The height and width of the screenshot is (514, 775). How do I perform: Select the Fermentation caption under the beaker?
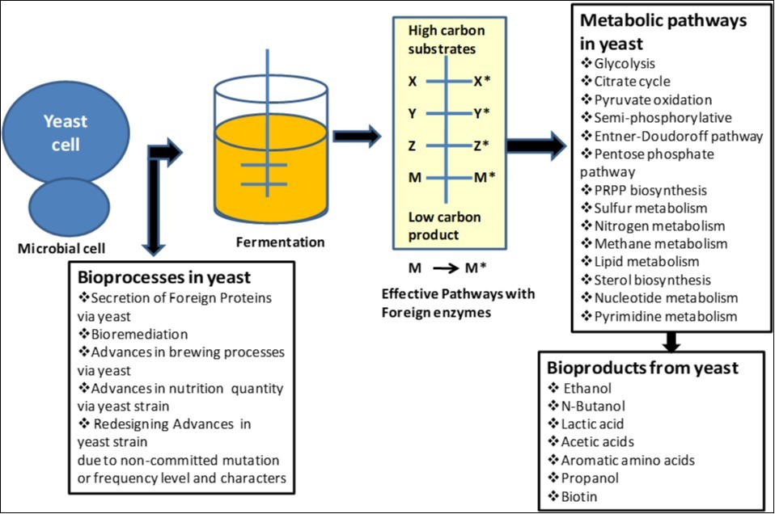[280, 242]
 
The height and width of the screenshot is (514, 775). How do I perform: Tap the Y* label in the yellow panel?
[481, 113]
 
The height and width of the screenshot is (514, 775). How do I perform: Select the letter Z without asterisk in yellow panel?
[413, 145]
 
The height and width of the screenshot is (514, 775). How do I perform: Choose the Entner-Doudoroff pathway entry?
[671, 136]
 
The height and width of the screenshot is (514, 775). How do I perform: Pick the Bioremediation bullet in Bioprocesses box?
[133, 333]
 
